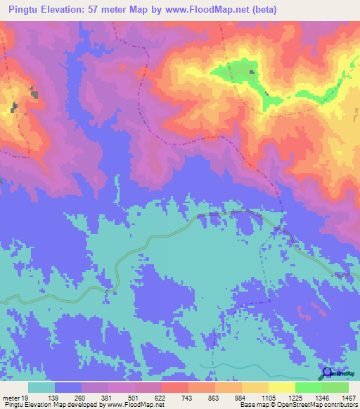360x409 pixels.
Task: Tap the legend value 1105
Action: (x=269, y=397)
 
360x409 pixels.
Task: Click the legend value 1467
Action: (x=348, y=397)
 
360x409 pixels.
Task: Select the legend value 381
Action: (x=108, y=397)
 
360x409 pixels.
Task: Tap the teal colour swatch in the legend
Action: (x=41, y=387)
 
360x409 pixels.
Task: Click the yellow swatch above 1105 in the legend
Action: (x=255, y=387)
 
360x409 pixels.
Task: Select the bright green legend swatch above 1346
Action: (x=309, y=387)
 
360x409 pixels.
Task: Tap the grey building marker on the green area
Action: (x=252, y=72)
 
